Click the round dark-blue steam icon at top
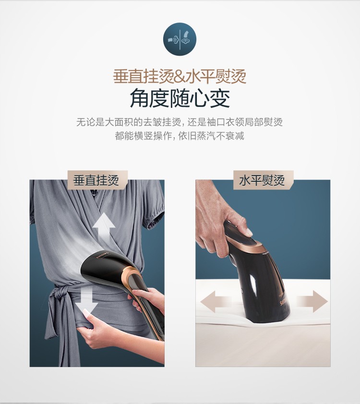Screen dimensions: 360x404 tap(180, 39)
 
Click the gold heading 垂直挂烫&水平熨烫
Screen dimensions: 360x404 tap(180, 76)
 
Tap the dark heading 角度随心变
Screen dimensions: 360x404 tap(180, 99)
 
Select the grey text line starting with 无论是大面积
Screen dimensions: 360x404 tap(180, 122)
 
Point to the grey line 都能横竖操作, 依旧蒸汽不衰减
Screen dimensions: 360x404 tap(180, 135)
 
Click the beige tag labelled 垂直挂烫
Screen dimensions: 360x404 tap(97, 180)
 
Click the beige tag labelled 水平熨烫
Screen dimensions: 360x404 tap(264, 180)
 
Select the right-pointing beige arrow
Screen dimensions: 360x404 tap(312, 301)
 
